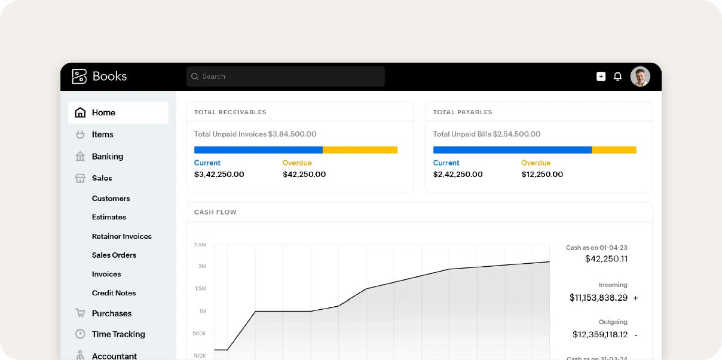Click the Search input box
(x=285, y=77)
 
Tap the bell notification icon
(x=617, y=77)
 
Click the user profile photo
(x=640, y=77)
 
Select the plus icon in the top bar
(x=601, y=77)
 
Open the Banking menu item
(x=107, y=157)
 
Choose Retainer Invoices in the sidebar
(x=121, y=236)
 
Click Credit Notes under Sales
(x=114, y=293)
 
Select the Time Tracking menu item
(x=118, y=334)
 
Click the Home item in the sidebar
(x=103, y=112)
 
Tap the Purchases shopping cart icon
(x=80, y=313)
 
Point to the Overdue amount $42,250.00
(x=304, y=175)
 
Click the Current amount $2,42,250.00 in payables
(x=458, y=175)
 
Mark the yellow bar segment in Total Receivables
(x=360, y=150)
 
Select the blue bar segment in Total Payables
(x=512, y=150)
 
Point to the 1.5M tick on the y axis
(x=200, y=289)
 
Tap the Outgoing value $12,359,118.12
(x=600, y=335)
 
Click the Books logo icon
(x=79, y=77)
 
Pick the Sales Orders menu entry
(x=114, y=255)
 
